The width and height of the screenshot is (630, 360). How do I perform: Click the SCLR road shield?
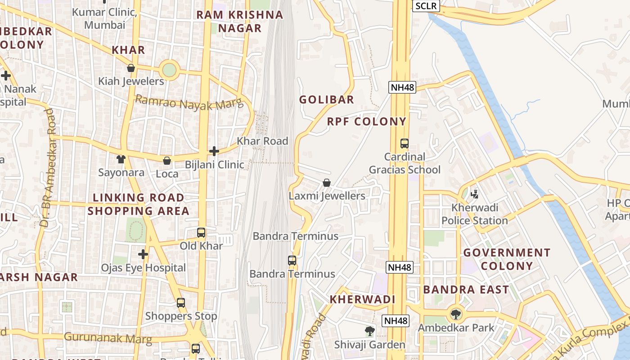[x=426, y=6]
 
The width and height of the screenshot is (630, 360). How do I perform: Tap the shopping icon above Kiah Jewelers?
[x=131, y=68]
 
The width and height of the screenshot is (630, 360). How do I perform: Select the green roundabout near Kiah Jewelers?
[x=169, y=70]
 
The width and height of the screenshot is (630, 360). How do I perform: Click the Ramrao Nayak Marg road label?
[x=189, y=103]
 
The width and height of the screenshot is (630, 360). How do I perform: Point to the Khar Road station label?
[x=262, y=141]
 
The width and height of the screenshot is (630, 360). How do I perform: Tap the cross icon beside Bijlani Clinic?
[x=214, y=151]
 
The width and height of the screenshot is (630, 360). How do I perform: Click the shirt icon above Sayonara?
[x=121, y=159]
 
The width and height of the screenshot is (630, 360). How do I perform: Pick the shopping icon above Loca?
[x=167, y=161]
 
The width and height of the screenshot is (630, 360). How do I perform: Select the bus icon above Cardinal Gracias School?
[x=405, y=144]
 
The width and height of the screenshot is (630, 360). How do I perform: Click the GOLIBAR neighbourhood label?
[x=327, y=99]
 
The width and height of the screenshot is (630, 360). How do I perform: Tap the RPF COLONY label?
[x=367, y=121]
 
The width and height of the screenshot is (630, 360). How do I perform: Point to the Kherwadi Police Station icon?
[x=474, y=194]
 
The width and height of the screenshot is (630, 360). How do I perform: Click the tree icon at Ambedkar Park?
[x=456, y=314]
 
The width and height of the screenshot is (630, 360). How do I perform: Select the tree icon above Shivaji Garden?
[x=369, y=332]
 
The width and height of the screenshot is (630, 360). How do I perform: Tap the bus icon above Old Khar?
[x=201, y=233]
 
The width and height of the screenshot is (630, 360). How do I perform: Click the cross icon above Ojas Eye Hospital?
[x=143, y=254]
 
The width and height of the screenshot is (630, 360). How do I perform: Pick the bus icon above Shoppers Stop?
[x=181, y=303]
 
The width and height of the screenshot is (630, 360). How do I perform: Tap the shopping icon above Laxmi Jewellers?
[x=327, y=183]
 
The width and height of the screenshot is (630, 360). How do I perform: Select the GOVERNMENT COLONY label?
[x=507, y=259]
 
